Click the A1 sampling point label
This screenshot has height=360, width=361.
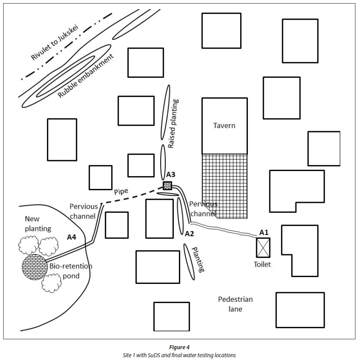point(263,232)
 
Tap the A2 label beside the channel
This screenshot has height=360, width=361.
point(189,234)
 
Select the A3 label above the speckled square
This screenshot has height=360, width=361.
point(171,174)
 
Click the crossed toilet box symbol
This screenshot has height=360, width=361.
point(263,247)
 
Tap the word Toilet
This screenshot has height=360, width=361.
point(262,264)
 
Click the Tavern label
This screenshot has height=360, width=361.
point(224,126)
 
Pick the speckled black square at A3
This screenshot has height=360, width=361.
point(168,185)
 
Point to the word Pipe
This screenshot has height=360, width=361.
point(121,191)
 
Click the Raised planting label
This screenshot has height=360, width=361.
point(174,124)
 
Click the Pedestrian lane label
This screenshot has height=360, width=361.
point(235,304)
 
